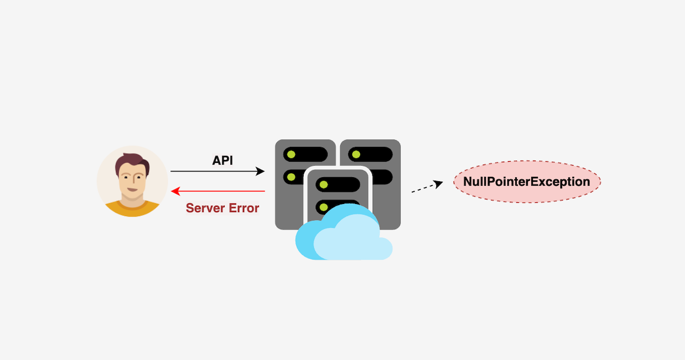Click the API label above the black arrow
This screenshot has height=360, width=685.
222,161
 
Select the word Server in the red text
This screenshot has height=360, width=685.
205,208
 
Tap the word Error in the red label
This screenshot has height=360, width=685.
244,208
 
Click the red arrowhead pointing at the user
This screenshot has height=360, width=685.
176,191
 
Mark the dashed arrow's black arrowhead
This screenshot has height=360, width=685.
439,183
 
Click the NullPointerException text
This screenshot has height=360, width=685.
526,182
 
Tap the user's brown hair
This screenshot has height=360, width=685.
132,163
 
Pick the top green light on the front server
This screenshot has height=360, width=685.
324,184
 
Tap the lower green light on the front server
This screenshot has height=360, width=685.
324,206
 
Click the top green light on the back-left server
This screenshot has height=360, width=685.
291,154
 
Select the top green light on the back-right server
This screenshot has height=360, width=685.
356,154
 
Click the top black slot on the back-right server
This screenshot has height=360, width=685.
372,154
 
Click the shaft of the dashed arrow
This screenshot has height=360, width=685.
423,188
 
